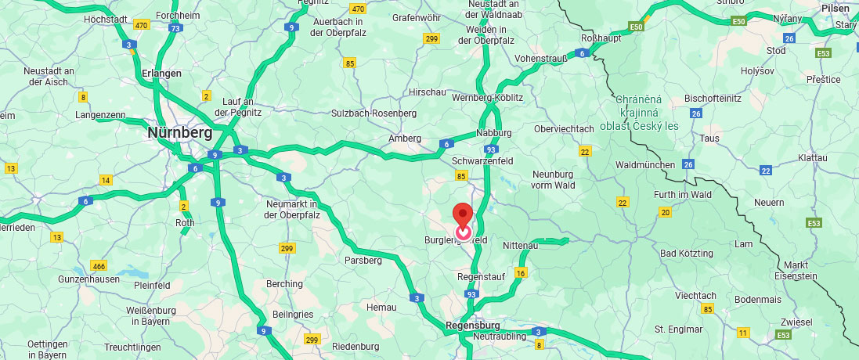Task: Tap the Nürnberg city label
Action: [x=179, y=133]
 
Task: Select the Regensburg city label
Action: [x=472, y=325]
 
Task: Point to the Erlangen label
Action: [x=161, y=73]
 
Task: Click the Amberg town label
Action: [x=405, y=139]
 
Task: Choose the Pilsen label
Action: [x=835, y=8]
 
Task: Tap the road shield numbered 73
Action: [x=175, y=28]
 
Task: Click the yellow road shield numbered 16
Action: [x=521, y=273]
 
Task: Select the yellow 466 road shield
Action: [x=99, y=265]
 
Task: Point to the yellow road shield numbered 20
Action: [x=666, y=212]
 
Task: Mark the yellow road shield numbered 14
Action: [x=106, y=181]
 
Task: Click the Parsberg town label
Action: [x=362, y=260]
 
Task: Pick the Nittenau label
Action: [x=521, y=245]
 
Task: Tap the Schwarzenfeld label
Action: [x=482, y=160]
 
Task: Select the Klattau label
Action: [x=812, y=157]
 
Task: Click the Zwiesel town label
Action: [x=796, y=322]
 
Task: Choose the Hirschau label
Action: [x=427, y=92]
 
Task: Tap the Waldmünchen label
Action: [x=645, y=165]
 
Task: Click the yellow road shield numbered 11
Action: [x=742, y=333]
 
